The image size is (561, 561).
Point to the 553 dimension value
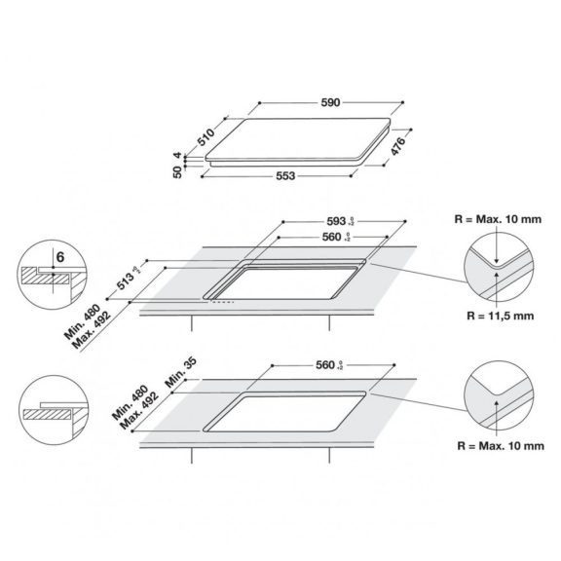tap(283, 176)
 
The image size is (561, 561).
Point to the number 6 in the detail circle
tap(59, 256)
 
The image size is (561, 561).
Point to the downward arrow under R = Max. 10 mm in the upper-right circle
tap(498, 250)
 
